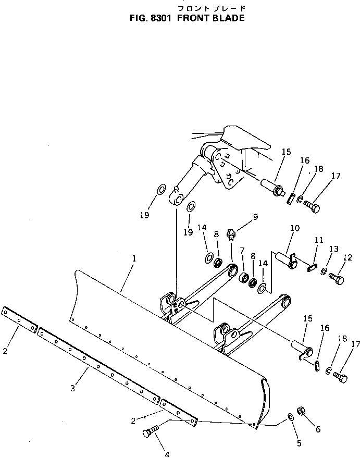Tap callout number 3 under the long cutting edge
[x=72, y=388]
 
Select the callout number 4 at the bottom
[x=167, y=454]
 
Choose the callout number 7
[x=242, y=252]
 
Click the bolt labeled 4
[x=151, y=432]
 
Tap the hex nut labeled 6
[x=301, y=411]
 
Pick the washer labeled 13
[x=325, y=271]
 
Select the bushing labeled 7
[x=243, y=275]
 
